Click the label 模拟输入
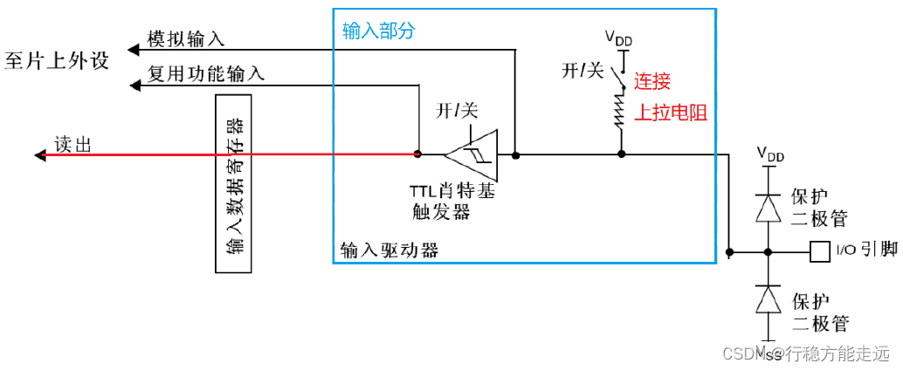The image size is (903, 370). tap(185, 38)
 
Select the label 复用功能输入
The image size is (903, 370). tap(206, 74)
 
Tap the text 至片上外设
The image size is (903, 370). tap(57, 61)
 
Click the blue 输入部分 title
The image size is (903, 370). tap(378, 31)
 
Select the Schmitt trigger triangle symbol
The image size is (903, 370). tap(471, 155)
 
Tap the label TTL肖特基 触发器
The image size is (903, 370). tap(452, 202)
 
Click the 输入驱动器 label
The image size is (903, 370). tap(389, 250)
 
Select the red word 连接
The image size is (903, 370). tap(652, 82)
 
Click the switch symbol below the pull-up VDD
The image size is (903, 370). tap(622, 76)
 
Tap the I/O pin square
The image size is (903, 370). tap(820, 251)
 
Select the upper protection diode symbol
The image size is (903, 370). tap(768, 208)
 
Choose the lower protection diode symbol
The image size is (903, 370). tap(768, 300)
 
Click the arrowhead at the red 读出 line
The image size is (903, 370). tap(39, 155)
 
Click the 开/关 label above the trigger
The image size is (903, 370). tap(458, 111)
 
